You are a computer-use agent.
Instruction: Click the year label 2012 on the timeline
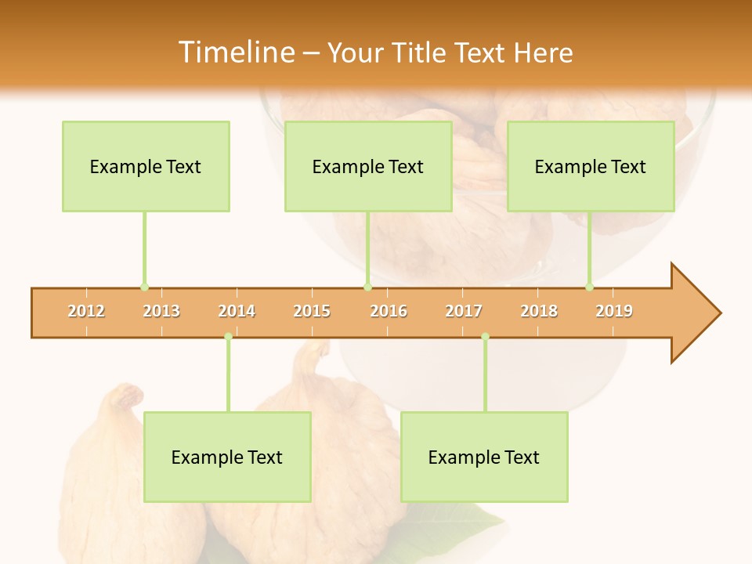pos(86,311)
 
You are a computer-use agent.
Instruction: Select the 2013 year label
pos(161,311)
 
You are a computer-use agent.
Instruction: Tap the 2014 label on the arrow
pos(237,311)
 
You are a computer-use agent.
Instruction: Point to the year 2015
pos(312,311)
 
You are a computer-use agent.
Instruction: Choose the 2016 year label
pos(389,311)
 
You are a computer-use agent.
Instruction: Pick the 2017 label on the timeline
pos(464,311)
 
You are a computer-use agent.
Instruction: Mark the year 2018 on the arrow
pos(539,311)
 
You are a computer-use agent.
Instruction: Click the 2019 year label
pos(614,311)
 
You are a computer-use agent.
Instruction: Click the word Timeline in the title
pos(235,52)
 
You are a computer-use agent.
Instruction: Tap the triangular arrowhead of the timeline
pos(694,313)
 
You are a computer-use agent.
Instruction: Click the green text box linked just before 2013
pos(146,166)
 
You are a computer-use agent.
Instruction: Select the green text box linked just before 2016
pos(368,166)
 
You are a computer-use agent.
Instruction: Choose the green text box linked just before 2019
pos(591,166)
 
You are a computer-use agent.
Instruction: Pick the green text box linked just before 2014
pos(227,457)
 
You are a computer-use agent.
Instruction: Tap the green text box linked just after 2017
pos(484,457)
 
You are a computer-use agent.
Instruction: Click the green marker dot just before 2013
pos(144,287)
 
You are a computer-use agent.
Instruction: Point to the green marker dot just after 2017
pos(485,337)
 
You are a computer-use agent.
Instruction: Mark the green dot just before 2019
pos(589,287)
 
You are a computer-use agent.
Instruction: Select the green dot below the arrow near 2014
pos(228,337)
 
